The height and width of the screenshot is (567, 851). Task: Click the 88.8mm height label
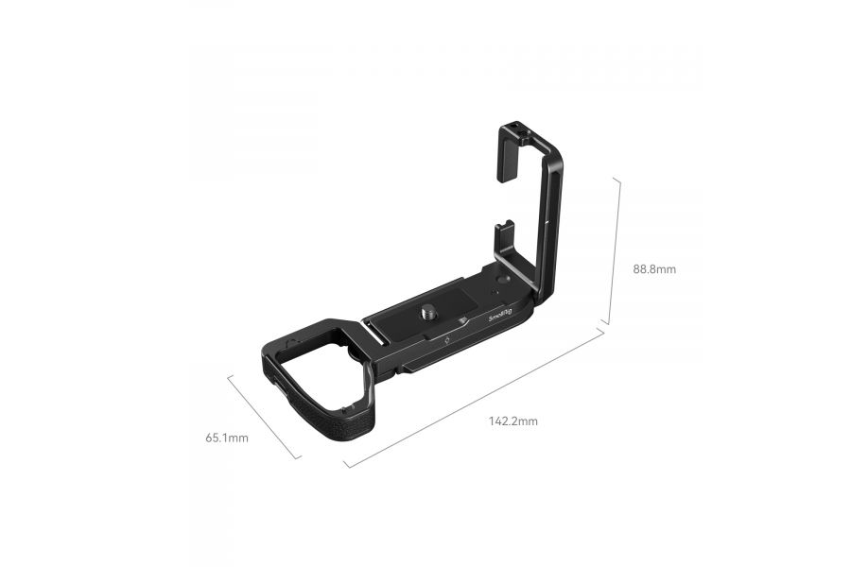point(654,268)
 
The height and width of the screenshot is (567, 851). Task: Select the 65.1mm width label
point(227,438)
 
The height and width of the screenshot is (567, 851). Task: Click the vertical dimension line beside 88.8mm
point(618,249)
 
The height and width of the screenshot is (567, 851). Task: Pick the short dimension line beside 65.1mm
point(265,416)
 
